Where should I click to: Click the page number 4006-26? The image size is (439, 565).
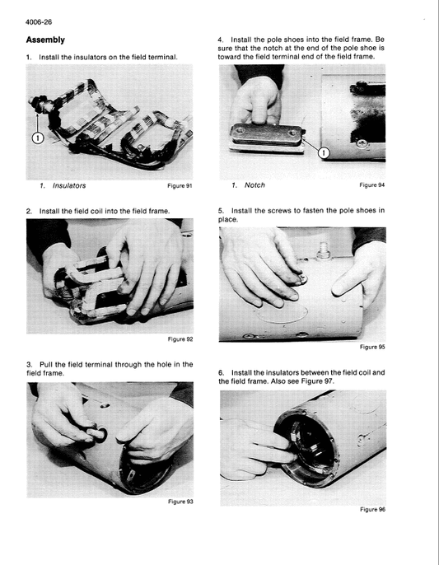tap(39, 22)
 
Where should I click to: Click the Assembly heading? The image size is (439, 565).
tap(45, 40)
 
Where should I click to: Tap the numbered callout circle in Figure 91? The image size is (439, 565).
tap(38, 138)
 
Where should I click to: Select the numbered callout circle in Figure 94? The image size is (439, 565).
tap(324, 153)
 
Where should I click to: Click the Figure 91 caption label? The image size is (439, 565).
tap(180, 186)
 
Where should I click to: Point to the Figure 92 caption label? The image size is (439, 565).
tap(180, 339)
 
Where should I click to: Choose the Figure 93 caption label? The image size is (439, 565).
tap(180, 502)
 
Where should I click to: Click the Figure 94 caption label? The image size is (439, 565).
tap(372, 185)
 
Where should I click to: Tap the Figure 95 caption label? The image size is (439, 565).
tap(372, 347)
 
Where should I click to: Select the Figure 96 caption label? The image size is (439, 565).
tap(372, 510)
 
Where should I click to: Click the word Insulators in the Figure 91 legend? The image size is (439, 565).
tap(69, 185)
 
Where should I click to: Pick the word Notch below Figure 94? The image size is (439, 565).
tap(255, 185)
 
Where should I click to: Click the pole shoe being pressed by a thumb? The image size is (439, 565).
tap(268, 138)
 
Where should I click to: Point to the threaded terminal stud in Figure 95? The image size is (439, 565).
tap(324, 251)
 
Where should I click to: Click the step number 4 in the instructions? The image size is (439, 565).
tap(219, 40)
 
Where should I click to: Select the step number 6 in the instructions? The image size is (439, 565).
tap(221, 372)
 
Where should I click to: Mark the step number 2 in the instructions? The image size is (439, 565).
tap(29, 211)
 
